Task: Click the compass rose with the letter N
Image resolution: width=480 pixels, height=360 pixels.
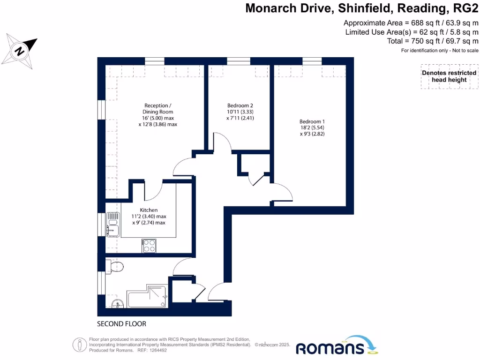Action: [20, 50]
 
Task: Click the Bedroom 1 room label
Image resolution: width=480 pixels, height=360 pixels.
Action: [312, 121]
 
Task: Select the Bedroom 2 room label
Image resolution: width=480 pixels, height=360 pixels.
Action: [240, 105]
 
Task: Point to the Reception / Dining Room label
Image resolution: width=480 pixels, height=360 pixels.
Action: [157, 109]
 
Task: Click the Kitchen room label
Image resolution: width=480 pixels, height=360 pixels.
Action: [149, 210]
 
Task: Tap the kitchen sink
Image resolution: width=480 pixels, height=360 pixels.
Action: [112, 225]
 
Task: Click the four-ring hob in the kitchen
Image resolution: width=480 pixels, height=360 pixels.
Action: [149, 246]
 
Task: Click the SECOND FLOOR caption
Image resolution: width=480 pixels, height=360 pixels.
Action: [121, 324]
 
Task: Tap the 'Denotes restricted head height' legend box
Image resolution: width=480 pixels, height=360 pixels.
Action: [449, 76]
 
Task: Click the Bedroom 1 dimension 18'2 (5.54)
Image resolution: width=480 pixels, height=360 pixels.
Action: [312, 127]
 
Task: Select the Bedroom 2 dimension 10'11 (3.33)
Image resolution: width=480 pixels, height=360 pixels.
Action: [240, 112]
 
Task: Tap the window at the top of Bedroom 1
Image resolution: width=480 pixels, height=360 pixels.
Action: [312, 61]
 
